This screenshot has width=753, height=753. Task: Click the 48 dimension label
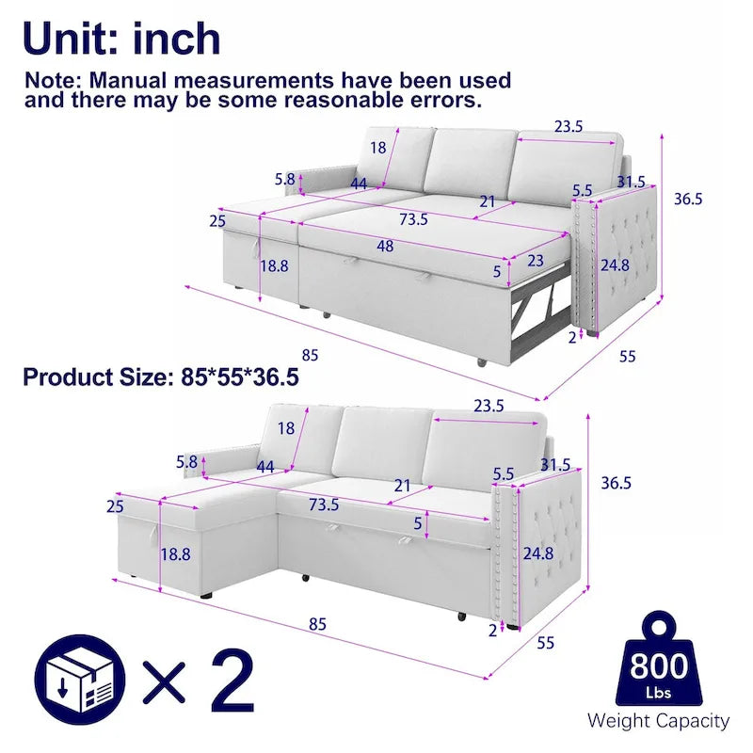385,247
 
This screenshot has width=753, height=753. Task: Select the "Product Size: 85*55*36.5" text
161,377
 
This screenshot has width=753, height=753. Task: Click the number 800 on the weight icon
658,666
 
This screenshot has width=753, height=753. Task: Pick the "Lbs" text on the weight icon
658,692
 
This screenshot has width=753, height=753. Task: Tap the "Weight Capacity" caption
658,721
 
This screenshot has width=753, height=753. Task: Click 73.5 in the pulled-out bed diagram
412,219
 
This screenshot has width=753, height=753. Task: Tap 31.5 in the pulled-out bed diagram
630,182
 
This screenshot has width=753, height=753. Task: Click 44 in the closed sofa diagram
264,467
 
